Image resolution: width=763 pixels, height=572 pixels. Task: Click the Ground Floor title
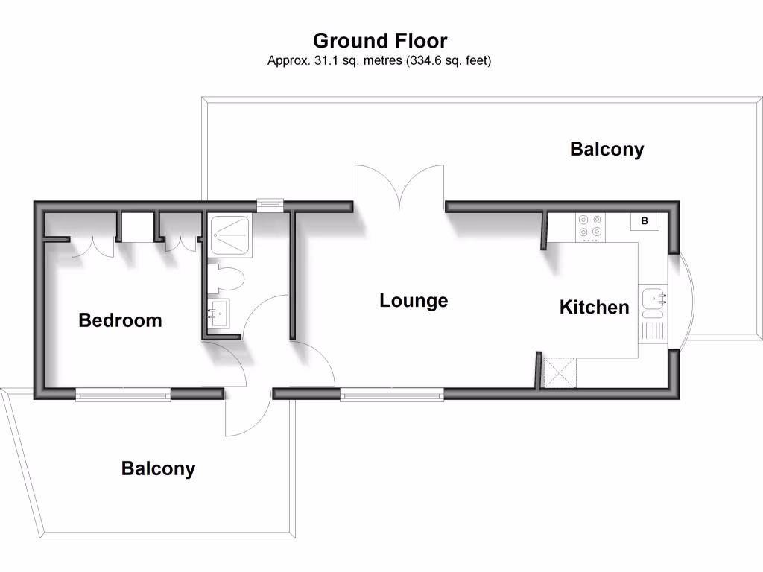(x=380, y=40)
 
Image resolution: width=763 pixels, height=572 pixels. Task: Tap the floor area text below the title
(x=379, y=61)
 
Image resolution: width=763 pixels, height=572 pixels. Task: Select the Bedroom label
(x=120, y=320)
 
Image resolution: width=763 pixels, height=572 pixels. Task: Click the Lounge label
(x=414, y=301)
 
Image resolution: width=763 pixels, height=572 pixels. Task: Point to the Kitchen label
(x=594, y=307)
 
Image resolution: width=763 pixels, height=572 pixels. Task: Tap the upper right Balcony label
(x=607, y=149)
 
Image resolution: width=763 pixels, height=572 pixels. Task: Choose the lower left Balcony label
(x=158, y=468)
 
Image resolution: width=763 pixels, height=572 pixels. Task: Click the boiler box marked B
(x=645, y=221)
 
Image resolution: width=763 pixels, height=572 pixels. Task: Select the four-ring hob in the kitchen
(x=591, y=227)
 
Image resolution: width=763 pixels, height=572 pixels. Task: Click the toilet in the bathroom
(x=227, y=279)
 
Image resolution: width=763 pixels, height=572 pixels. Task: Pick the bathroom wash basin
(x=220, y=314)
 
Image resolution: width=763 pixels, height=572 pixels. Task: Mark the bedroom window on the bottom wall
(x=123, y=395)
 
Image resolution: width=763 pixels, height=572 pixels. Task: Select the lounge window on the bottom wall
(x=392, y=395)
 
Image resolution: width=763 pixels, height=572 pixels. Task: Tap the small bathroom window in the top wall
(x=269, y=205)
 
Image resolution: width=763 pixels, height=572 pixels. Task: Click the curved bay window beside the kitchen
(x=691, y=299)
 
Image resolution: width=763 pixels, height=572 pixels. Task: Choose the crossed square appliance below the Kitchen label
(x=560, y=372)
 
